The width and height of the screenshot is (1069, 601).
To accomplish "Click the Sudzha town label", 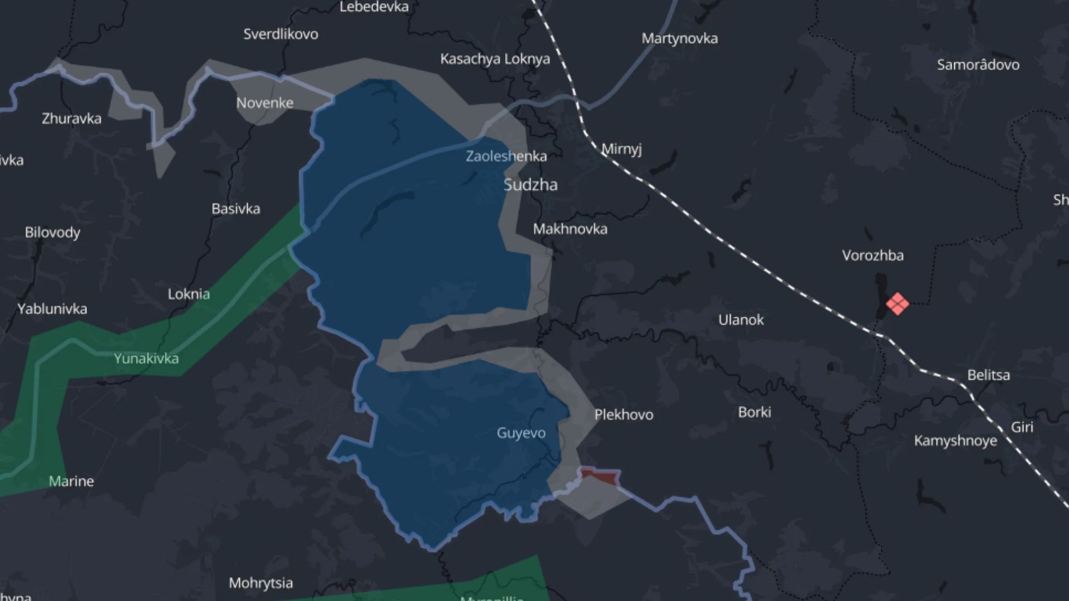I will tap(530, 185).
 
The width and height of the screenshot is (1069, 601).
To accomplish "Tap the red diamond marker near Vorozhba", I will tap(897, 304).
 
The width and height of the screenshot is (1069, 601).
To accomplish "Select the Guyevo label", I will tap(521, 433).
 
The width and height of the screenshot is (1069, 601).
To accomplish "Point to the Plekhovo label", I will tap(624, 415).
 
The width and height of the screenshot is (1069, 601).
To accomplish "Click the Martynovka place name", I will tap(679, 38).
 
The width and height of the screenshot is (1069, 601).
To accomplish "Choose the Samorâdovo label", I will tap(978, 65).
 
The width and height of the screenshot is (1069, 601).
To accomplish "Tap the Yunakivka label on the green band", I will tap(146, 358).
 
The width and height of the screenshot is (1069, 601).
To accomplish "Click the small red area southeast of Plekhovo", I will tap(600, 476).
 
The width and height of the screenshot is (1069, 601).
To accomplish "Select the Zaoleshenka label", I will tap(506, 156).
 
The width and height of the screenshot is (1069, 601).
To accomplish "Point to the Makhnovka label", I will tap(570, 229).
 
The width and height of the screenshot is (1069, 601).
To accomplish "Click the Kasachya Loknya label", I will tap(495, 59).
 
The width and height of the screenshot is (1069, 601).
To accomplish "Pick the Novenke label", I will tap(264, 103).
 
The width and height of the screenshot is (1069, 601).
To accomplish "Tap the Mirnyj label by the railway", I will tap(621, 149).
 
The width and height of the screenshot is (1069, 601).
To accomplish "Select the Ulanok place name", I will tap(741, 320).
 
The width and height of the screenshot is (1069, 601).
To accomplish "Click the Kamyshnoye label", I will tap(955, 441).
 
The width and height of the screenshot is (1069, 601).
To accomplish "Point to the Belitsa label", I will tap(988, 375).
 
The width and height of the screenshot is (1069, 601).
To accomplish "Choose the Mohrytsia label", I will tap(261, 583).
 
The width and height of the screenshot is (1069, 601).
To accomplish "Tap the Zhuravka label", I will tap(72, 119).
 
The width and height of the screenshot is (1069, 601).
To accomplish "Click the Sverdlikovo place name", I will tap(281, 34).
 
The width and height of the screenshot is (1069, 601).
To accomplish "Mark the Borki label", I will tap(754, 412).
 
